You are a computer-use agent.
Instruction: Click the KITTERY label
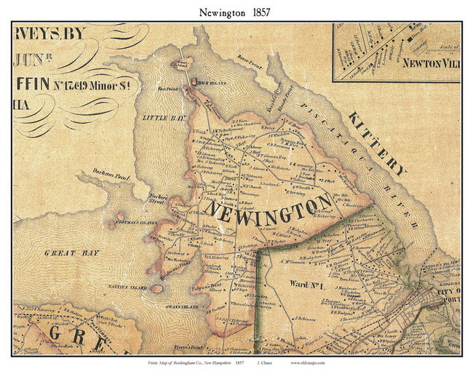pos(376,144)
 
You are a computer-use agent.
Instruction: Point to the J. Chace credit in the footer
pos(266,362)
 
